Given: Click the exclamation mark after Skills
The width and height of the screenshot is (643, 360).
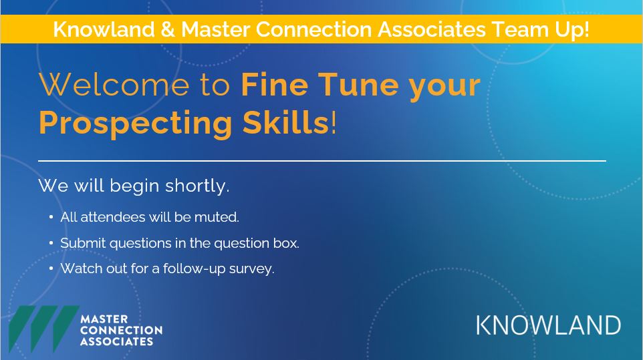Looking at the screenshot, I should [x=334, y=123].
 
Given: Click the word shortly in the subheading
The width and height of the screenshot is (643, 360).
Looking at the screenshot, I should [x=197, y=186].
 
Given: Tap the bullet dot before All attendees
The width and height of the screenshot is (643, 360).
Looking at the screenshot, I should [x=51, y=217].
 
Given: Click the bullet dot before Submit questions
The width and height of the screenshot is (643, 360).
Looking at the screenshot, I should [x=51, y=243].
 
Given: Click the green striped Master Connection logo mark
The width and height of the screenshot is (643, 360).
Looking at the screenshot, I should [x=42, y=329].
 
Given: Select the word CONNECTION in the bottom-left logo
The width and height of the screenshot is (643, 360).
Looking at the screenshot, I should [x=121, y=330].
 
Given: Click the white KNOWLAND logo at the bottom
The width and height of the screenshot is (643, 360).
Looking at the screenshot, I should [x=548, y=325].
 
